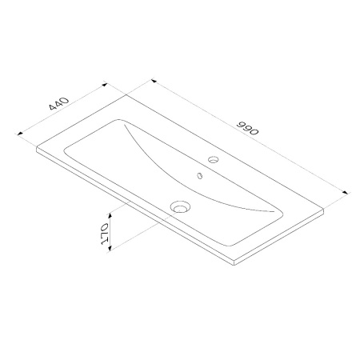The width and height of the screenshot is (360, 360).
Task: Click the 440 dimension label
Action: [x=59, y=103]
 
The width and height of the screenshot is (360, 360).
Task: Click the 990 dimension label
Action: [x=248, y=128]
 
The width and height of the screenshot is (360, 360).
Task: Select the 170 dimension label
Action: [x=105, y=234]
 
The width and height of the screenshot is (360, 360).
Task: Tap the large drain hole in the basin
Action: [x=180, y=207]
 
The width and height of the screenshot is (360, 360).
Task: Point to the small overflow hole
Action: [x=199, y=175]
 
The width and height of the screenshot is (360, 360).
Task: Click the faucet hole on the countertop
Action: [x=214, y=159]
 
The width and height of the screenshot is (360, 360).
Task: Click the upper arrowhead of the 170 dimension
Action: [x=110, y=215]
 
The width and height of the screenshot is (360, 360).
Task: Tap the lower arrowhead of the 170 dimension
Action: [x=110, y=249]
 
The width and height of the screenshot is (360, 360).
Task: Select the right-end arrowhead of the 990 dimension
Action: [x=346, y=192]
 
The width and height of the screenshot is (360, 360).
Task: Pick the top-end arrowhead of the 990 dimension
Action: [x=154, y=81]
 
